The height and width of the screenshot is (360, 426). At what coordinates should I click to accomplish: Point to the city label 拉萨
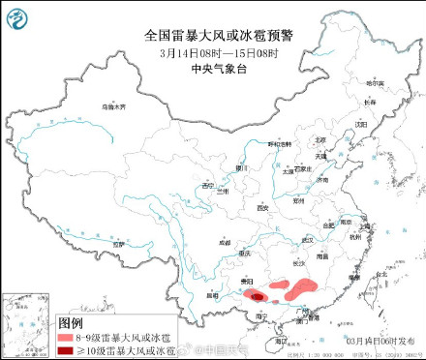(x=118, y=245)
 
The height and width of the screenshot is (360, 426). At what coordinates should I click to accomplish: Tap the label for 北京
(x=320, y=140)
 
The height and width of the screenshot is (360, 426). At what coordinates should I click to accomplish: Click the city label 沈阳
(x=362, y=124)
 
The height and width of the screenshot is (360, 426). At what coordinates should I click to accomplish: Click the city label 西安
(x=260, y=207)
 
